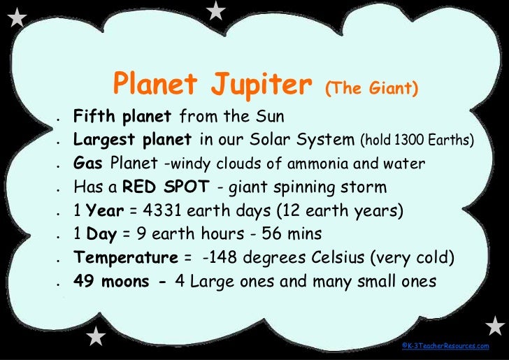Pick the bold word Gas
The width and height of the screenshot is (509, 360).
click(x=89, y=164)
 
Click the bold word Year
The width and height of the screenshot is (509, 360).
click(x=104, y=210)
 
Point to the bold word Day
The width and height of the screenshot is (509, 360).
click(x=101, y=234)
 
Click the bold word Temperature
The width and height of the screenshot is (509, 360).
click(x=126, y=258)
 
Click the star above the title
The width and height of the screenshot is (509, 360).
click(x=217, y=10)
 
